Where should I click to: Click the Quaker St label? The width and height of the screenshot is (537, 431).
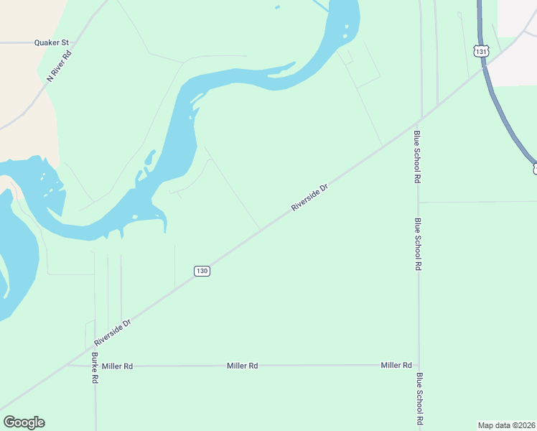tap(51, 42)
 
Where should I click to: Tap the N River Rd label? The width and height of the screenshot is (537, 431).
tap(58, 65)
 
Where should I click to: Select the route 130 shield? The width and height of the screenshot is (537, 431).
tap(202, 271)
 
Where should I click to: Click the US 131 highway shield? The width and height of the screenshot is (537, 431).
tap(481, 51)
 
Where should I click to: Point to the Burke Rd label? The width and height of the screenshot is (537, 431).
tap(94, 368)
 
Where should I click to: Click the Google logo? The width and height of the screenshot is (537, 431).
tap(24, 422)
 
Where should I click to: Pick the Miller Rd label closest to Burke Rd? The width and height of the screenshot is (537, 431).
tap(118, 366)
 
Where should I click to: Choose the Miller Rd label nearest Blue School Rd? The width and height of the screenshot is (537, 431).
tap(396, 365)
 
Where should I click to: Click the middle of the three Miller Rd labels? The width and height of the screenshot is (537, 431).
tap(243, 366)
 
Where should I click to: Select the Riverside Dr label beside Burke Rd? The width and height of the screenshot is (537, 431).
tap(112, 333)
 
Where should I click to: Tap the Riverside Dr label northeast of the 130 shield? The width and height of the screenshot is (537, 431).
tap(309, 197)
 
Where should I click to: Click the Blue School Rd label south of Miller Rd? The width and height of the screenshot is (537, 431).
tap(419, 399)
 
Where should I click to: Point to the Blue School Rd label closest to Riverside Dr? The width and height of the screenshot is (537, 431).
tap(416, 157)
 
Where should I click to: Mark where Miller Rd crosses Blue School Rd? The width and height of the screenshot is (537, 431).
tap(419, 365)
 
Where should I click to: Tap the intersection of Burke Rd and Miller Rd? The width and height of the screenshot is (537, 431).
tap(95, 366)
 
